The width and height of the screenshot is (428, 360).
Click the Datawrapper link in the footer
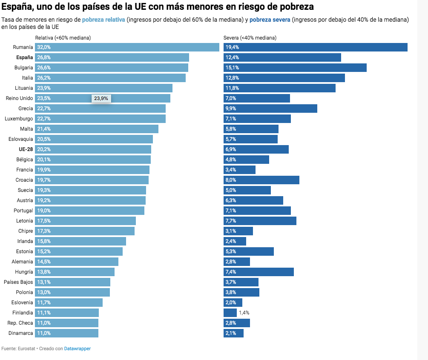click(77, 349)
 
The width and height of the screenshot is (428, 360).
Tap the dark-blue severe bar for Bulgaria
click(295, 68)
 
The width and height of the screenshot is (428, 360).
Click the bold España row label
click(24, 57)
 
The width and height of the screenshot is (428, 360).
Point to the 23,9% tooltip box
click(101, 98)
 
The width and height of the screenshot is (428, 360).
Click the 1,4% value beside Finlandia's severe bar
click(244, 313)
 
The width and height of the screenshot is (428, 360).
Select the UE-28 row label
click(26, 149)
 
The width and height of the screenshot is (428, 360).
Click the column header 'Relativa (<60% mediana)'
click(63, 38)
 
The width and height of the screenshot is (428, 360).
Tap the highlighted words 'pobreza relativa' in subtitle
click(103, 20)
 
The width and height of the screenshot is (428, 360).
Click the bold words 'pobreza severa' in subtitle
click(270, 20)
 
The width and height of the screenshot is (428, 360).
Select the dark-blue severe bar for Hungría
click(259, 272)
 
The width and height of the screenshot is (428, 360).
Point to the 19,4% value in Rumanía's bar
click(232, 47)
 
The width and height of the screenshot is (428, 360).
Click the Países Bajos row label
click(18, 282)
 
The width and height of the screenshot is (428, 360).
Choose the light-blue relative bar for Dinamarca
click(66, 333)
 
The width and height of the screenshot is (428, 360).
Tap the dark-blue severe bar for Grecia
click(270, 109)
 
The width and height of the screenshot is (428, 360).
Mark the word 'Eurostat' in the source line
click(26, 349)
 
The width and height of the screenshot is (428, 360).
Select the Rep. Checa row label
click(20, 323)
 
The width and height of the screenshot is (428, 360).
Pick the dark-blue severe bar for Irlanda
click(235, 241)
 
